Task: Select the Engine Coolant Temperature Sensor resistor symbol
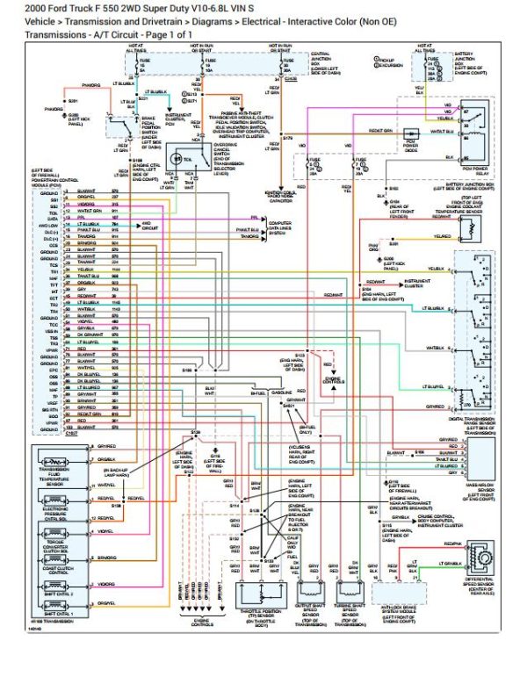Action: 475,229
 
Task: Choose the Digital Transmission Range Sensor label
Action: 473,425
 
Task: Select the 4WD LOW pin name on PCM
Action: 47,225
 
